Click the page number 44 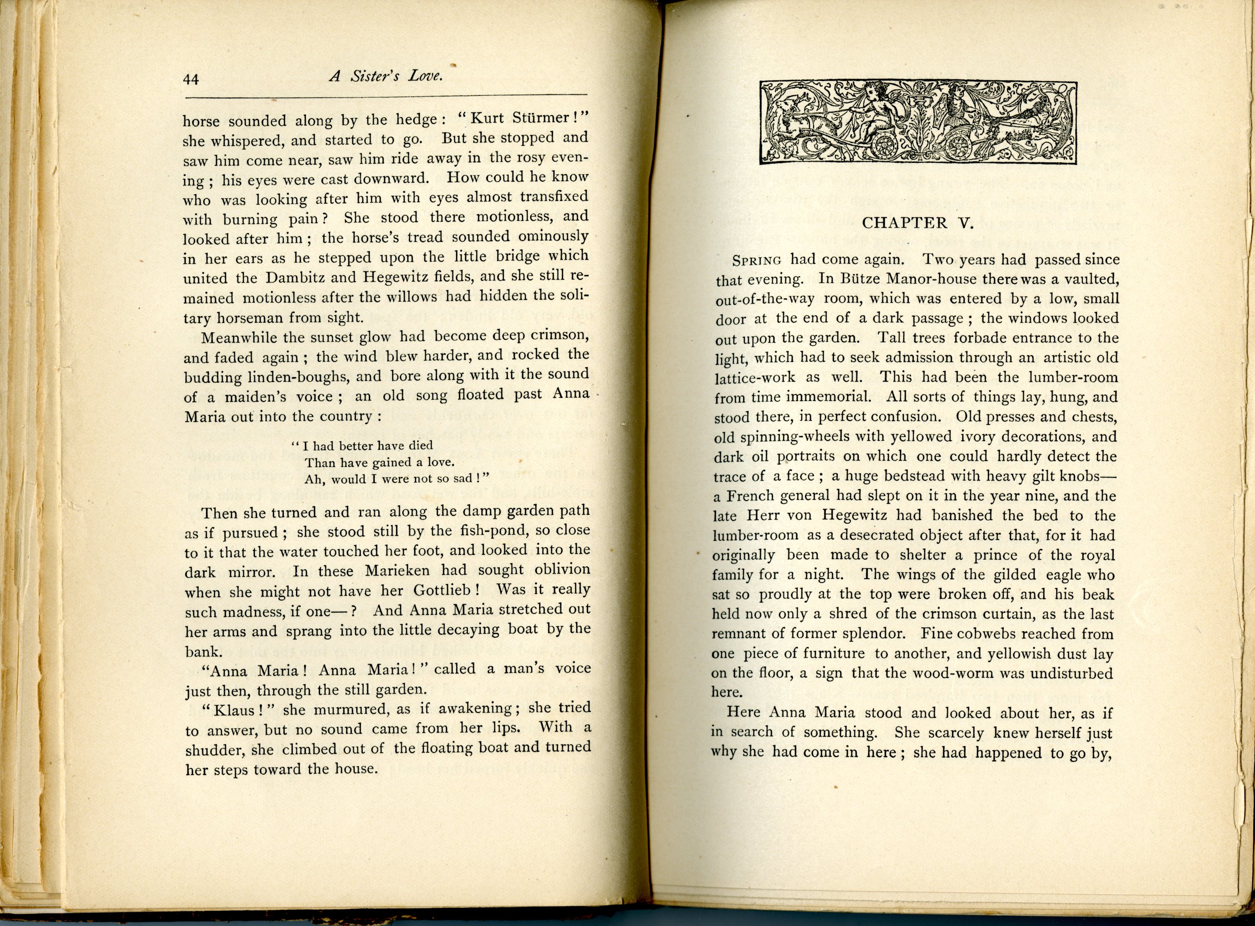tap(191, 80)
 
